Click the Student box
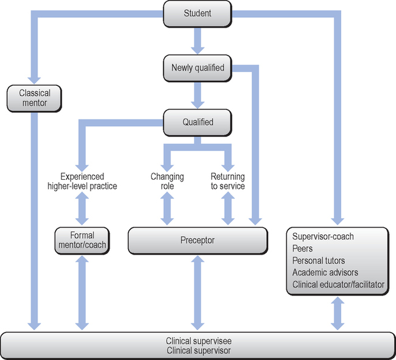(x=197, y=13)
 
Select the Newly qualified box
(x=197, y=68)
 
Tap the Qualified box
(x=197, y=122)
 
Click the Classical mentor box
(x=34, y=99)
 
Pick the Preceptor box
(x=197, y=240)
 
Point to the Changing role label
(x=167, y=181)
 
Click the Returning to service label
(x=228, y=181)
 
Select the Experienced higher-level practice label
(x=82, y=181)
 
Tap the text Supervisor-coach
(x=323, y=236)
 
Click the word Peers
(x=303, y=248)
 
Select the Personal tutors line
(x=317, y=260)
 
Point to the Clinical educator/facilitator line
(x=338, y=284)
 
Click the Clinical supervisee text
(x=197, y=341)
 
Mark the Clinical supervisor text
(x=197, y=351)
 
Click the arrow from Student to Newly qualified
(x=197, y=41)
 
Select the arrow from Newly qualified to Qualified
(x=197, y=95)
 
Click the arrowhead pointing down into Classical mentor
(x=34, y=78)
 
